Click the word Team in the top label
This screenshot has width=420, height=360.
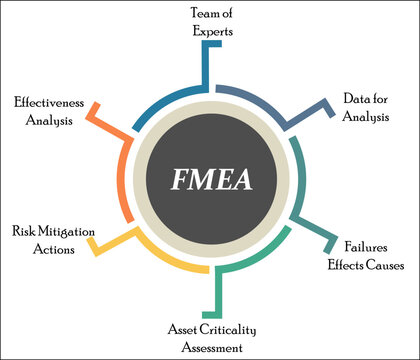199,12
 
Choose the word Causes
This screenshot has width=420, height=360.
386,265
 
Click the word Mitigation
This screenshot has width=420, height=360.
68,231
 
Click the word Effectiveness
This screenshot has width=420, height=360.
55,101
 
